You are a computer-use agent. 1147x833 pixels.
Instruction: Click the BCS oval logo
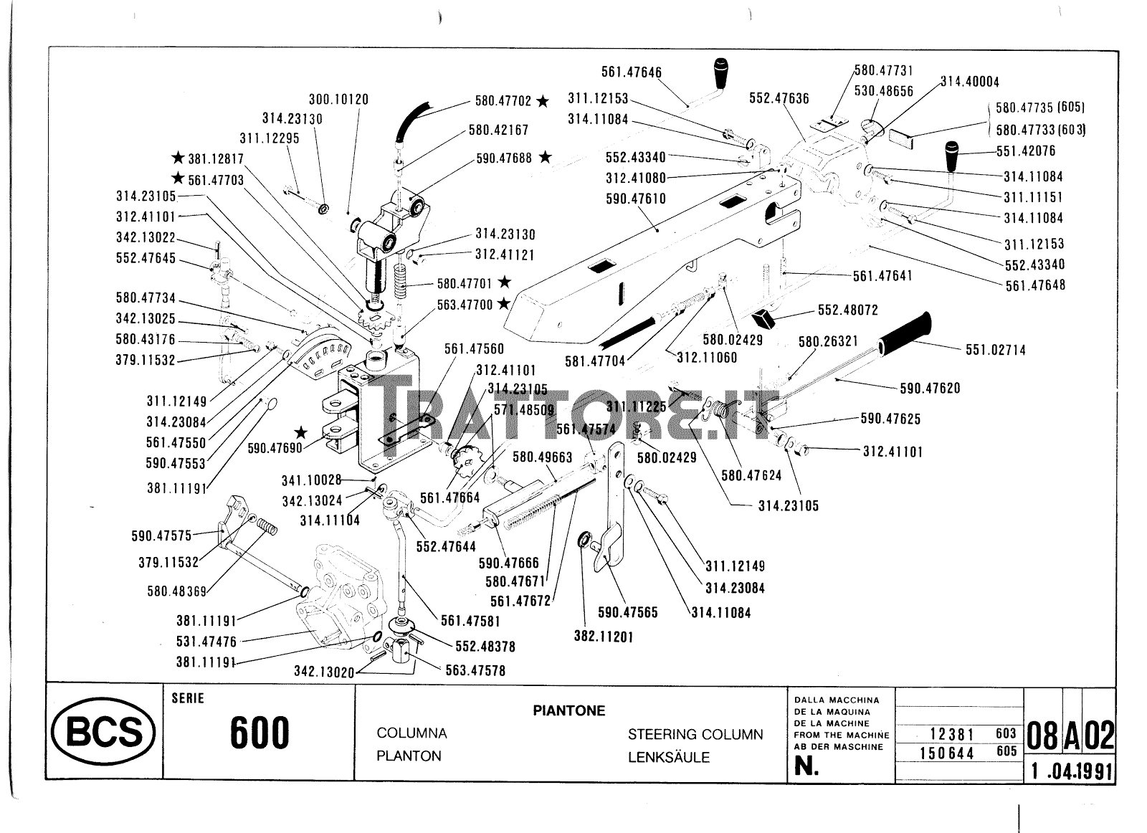[x=103, y=732]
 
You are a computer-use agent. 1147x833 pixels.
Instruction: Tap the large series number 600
[x=260, y=733]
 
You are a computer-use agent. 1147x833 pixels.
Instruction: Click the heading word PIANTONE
[x=568, y=710]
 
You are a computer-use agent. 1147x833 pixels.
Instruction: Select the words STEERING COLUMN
[x=695, y=734]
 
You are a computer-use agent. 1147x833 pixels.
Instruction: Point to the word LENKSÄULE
[x=668, y=757]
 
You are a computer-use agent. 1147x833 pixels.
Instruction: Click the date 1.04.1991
[x=1071, y=771]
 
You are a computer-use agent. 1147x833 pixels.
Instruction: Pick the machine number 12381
[x=951, y=734]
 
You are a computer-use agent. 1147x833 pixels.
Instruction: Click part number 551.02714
[x=995, y=350]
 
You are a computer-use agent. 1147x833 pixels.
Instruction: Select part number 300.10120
[x=338, y=100]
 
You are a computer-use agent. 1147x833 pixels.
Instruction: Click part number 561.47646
[x=631, y=72]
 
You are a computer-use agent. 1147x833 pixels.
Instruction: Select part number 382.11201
[x=604, y=636]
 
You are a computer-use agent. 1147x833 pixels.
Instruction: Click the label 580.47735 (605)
[x=1039, y=108]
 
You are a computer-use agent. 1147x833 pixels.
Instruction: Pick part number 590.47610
[x=635, y=199]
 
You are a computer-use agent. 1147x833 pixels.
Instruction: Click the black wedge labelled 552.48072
[x=766, y=315]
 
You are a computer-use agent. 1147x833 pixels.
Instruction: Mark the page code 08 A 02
[x=1070, y=736]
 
